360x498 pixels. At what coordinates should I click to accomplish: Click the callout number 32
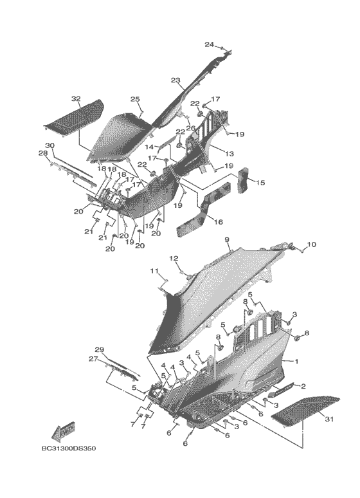click(76, 99)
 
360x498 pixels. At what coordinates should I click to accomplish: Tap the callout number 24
click(209, 44)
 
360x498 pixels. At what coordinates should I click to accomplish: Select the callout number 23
click(175, 80)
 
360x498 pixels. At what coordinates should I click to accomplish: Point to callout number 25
click(135, 99)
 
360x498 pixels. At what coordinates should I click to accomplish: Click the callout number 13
click(230, 154)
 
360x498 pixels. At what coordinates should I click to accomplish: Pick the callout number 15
click(260, 183)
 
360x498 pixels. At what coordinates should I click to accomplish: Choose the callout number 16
click(219, 222)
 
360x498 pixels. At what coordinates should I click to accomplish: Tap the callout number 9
click(227, 239)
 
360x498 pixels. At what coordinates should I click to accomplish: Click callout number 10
click(311, 244)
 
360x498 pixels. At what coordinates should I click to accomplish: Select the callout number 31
click(329, 420)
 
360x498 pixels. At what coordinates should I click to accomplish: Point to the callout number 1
click(296, 361)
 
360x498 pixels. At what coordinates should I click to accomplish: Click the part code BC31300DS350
click(69, 448)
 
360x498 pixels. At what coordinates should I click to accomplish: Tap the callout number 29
click(100, 349)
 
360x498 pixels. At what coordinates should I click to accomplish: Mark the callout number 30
click(50, 145)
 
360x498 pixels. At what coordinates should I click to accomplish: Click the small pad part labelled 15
click(244, 180)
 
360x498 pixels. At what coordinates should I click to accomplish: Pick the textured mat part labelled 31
click(305, 410)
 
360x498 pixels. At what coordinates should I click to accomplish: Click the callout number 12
click(174, 259)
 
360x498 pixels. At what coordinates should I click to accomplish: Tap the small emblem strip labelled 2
click(282, 389)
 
